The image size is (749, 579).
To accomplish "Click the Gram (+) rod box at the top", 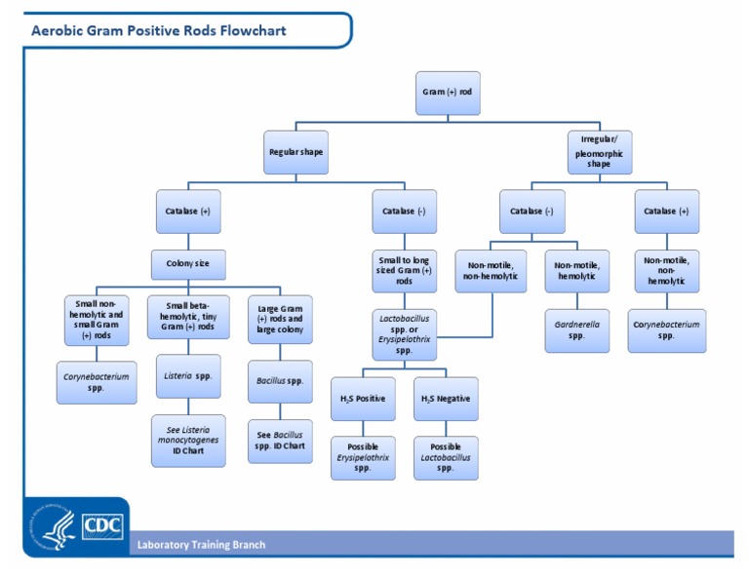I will pos(448,93).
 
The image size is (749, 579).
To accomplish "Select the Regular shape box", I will pos(296,152).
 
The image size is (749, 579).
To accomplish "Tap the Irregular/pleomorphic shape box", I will pos(599,152).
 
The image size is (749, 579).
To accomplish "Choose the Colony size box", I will pos(188,264).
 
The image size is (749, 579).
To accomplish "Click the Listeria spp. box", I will pos(188,375).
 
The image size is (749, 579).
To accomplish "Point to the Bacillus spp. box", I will pos(280,380).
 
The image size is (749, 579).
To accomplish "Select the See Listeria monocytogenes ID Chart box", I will pos(188,440).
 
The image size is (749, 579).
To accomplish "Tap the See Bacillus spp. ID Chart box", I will pos(280,440).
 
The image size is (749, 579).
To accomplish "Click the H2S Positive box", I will pos(363,399).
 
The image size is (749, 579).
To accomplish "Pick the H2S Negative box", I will pos(446,399).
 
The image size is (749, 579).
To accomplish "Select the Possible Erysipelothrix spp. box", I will pos(363,457).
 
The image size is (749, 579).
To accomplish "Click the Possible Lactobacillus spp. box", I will pos(446,457).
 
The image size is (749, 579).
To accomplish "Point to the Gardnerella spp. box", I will pos(577,328).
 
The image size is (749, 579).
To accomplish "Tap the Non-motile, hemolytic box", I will pos(577,271).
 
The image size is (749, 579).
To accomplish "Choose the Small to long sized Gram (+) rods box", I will pos(405,271).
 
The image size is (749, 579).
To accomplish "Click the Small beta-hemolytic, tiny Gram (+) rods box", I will pos(188,319).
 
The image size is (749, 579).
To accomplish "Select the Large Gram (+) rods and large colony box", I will pos(280,319).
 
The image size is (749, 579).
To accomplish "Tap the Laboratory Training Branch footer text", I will pos(201,545).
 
